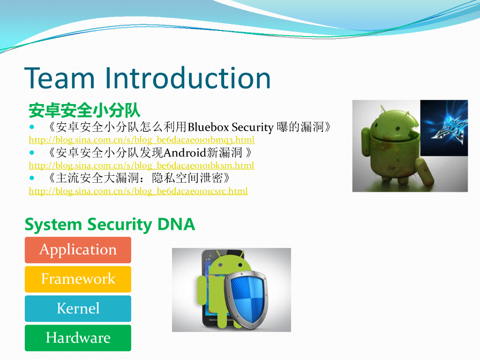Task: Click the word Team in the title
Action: [x=60, y=78]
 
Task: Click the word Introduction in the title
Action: [x=187, y=78]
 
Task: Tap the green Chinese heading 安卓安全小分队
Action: [x=84, y=110]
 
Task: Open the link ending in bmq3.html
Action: [x=142, y=140]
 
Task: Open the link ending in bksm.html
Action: [x=142, y=165]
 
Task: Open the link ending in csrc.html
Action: [x=138, y=191]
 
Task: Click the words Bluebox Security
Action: [x=231, y=127]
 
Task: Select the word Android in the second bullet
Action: [x=185, y=152]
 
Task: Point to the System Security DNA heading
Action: [x=110, y=225]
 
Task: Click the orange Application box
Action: [x=78, y=250]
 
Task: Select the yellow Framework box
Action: [x=78, y=279]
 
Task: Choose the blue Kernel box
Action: [x=78, y=308]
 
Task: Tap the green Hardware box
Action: [x=78, y=338]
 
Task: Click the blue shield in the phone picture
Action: [x=247, y=299]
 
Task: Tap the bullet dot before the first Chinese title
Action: [x=32, y=127]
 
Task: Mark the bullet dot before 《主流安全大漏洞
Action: [x=32, y=178]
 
